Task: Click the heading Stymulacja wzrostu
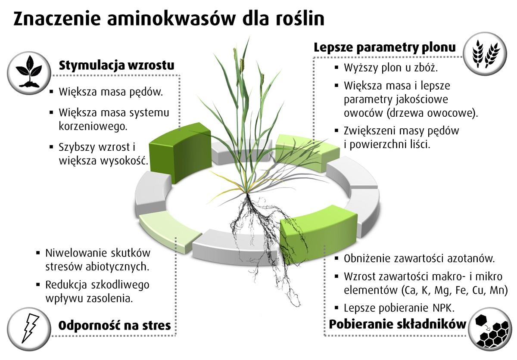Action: tap(116, 66)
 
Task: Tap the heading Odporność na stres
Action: tap(115, 325)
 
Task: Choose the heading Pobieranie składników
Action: tap(397, 324)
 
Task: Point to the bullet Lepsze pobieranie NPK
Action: tap(399, 307)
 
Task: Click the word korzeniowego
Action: tap(93, 126)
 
